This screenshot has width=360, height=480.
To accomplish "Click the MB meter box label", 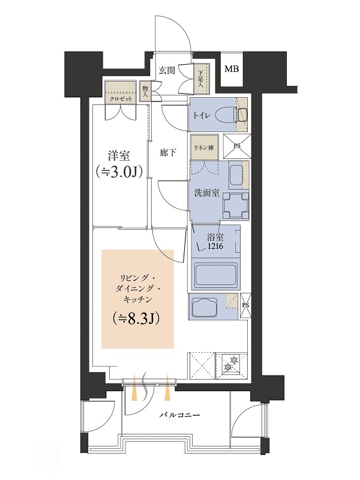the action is coord(232,69).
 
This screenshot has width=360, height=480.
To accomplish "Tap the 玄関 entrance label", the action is coord(167,70).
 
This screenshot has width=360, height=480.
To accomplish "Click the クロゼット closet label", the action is coord(121,99).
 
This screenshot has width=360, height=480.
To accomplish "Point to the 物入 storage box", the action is coord(145,91).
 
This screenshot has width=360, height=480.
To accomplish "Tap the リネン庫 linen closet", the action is coord(203,148).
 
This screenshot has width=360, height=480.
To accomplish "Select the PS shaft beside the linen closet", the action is coord(237,146).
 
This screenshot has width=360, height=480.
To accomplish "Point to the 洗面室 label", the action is coord(207,193).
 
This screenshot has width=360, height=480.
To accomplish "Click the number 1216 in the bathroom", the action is coord(215,246).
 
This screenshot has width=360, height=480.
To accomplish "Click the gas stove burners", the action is coord(232,363).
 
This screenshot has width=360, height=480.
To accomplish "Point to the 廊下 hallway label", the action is coord(167,153).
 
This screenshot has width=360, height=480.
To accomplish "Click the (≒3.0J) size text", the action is coord(119,172).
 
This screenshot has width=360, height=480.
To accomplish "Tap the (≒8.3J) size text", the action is coord(137,319).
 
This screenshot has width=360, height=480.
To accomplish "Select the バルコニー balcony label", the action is coord(179,415).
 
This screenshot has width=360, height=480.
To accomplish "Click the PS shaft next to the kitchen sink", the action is coord(246,305).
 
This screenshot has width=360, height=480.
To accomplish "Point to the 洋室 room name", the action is coord(118,155).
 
